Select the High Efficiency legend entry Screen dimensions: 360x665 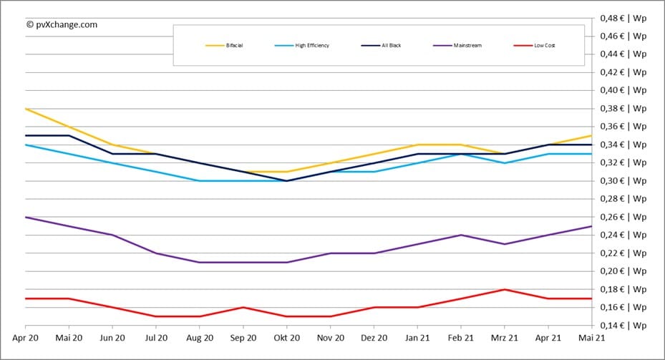pyautogui.click(x=301, y=46)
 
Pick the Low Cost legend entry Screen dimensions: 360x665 pyautogui.click(x=534, y=46)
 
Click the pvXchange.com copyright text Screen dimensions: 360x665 pyautogui.click(x=62, y=24)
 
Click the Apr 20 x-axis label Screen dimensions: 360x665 pyautogui.click(x=25, y=337)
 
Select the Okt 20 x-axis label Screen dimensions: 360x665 pyautogui.click(x=286, y=337)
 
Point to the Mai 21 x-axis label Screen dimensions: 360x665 pyautogui.click(x=591, y=337)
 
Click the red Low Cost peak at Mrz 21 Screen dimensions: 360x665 pyautogui.click(x=505, y=289)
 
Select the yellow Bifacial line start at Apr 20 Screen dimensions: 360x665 pyautogui.click(x=26, y=109)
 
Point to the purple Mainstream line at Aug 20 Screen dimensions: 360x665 pyautogui.click(x=200, y=262)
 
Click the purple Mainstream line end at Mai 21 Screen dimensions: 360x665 pyautogui.click(x=591, y=226)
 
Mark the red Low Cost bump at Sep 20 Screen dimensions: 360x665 pyautogui.click(x=243, y=307)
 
